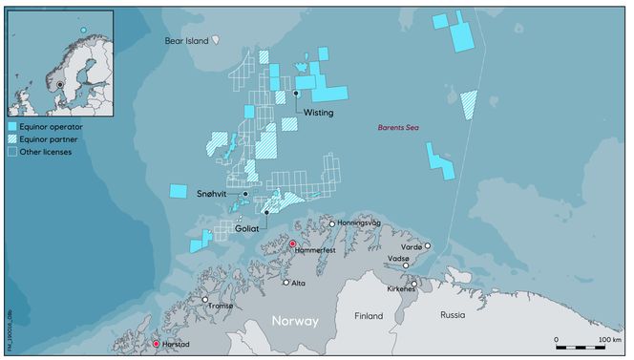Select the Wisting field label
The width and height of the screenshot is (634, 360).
coord(318,113)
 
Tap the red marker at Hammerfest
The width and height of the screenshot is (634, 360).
coord(293,245)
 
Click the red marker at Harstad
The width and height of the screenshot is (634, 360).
coord(156,344)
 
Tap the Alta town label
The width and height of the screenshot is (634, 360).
coord(298,284)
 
